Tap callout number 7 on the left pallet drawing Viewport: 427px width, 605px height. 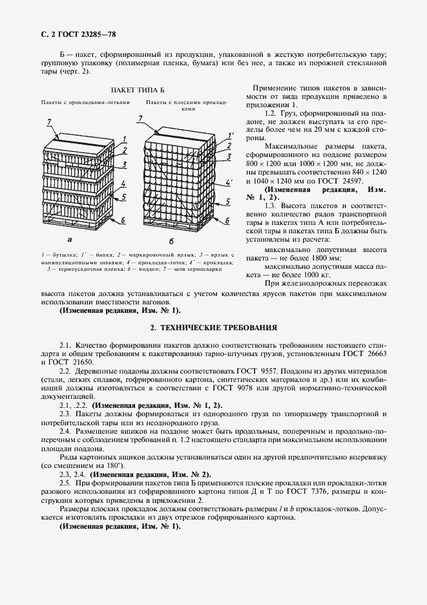click(x=49, y=122)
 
